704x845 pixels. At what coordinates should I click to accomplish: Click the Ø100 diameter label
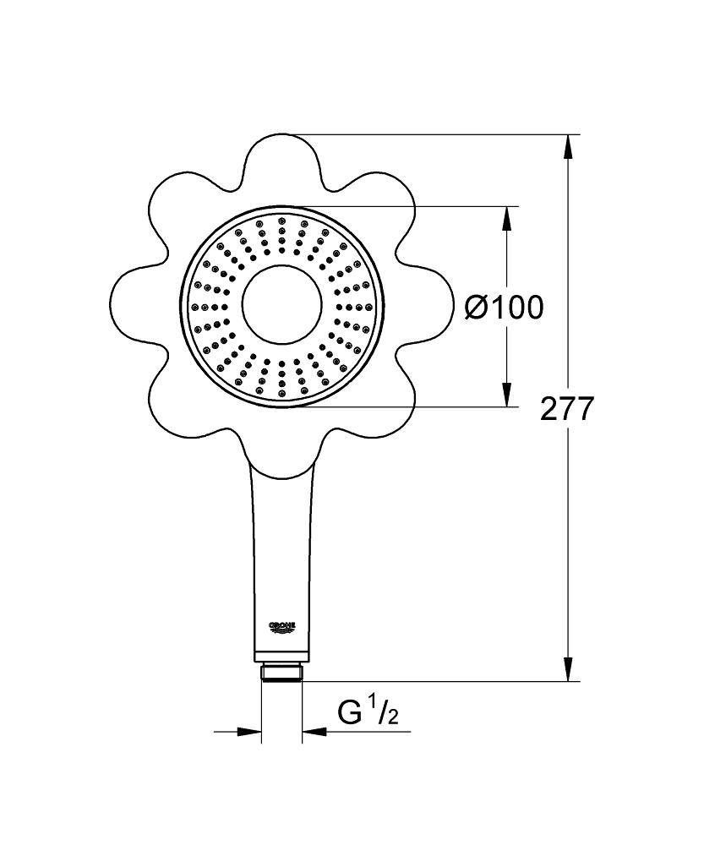tap(504, 308)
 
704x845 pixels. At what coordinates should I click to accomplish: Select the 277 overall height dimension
tap(567, 409)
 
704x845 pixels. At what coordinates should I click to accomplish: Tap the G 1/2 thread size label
tap(368, 714)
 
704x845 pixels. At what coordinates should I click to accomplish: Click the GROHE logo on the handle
tap(282, 626)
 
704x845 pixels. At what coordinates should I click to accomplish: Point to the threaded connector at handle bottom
tap(281, 673)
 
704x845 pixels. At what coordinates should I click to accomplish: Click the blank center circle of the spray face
tap(281, 306)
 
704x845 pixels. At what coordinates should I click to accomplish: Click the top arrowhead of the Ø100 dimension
tap(507, 219)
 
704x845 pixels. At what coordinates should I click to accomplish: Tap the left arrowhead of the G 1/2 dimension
tap(249, 731)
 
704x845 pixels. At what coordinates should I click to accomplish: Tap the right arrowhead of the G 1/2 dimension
tap(314, 731)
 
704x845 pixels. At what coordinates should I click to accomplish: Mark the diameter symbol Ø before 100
tap(477, 308)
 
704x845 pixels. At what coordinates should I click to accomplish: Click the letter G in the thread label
tap(348, 715)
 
